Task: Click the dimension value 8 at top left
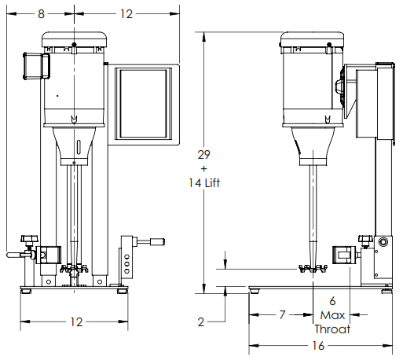coord(41,13)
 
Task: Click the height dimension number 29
coord(203,156)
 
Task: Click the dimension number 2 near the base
coord(201,322)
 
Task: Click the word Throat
coord(332,329)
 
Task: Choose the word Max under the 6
coord(332,315)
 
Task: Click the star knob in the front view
coord(31,237)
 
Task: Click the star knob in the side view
coord(365,239)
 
